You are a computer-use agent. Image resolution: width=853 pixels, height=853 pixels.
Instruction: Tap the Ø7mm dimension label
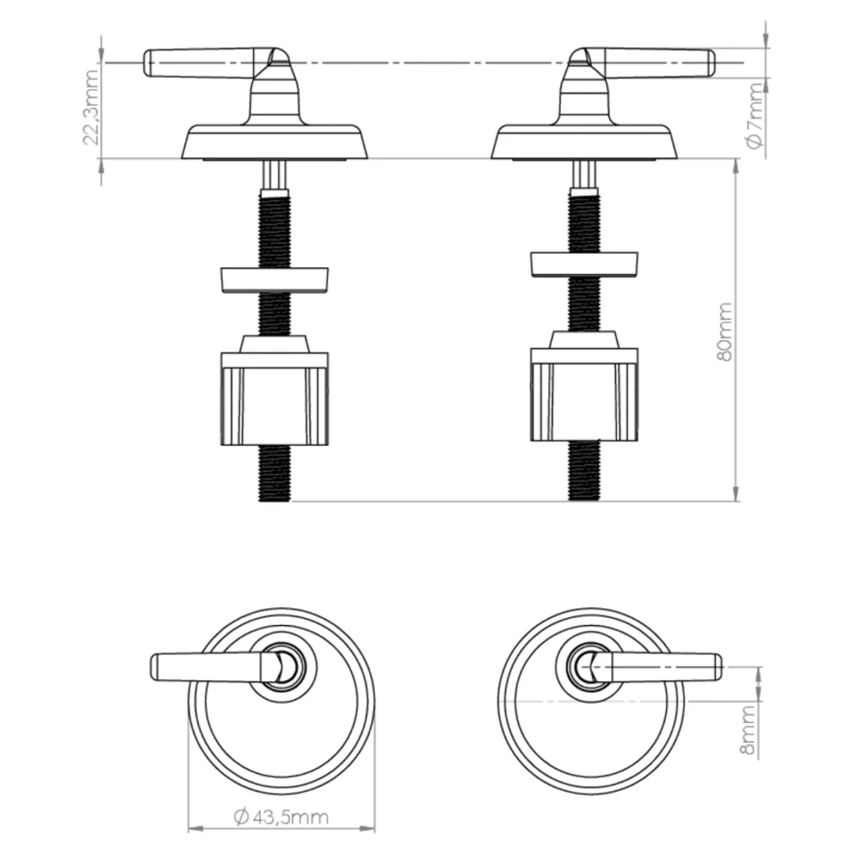coord(755,116)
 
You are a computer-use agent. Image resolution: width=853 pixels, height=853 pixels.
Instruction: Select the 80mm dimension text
coord(725,332)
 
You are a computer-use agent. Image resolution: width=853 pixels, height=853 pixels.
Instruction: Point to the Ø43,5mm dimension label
coord(281,817)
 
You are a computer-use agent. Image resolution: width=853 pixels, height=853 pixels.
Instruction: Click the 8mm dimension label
coord(748,731)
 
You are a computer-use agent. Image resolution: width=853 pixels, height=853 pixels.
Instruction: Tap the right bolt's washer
coord(584,265)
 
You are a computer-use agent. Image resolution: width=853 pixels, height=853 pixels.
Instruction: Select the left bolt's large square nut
coord(274,391)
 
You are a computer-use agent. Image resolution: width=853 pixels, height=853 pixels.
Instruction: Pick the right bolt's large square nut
coord(584,386)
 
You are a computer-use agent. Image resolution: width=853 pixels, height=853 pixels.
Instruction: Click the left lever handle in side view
coord(209,62)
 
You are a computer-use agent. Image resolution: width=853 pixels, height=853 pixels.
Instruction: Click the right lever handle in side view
coord(647,62)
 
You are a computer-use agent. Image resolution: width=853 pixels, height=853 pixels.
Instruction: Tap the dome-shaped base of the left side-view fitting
coord(274,142)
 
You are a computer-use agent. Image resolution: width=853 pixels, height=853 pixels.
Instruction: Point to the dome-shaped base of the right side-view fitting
coord(584,142)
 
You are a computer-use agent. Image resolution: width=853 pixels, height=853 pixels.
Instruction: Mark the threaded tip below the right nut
coord(584,470)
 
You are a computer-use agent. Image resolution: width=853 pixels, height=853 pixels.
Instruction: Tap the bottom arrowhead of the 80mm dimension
coord(736,493)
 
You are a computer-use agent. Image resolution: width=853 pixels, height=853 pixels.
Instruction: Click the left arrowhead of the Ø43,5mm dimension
coord(195,829)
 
